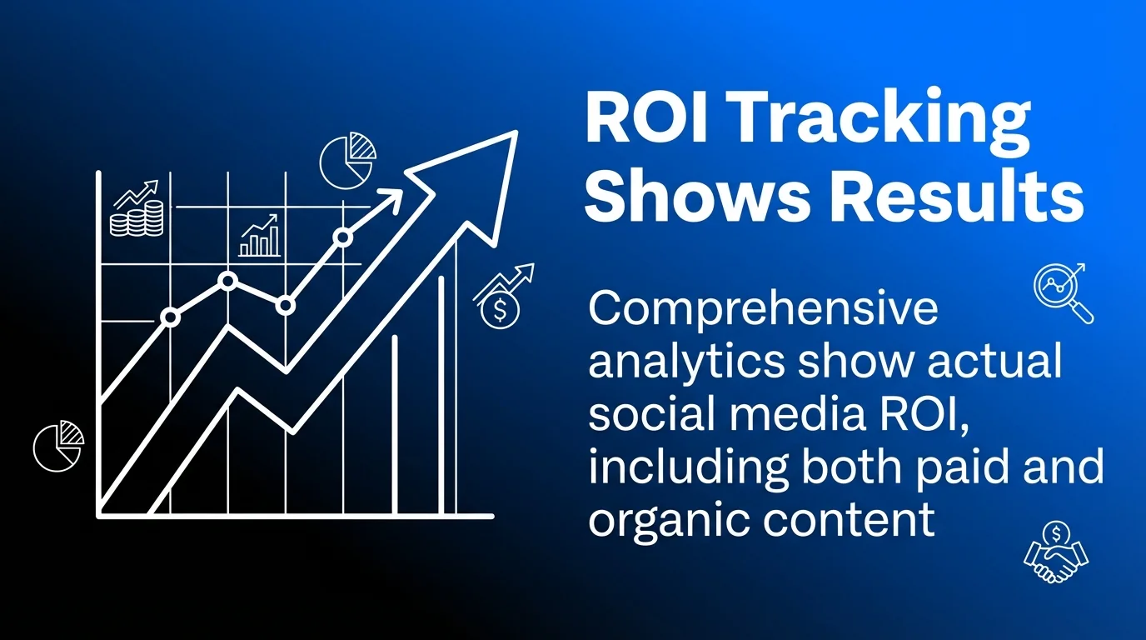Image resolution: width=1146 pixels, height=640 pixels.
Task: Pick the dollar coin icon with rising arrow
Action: coord(502,296)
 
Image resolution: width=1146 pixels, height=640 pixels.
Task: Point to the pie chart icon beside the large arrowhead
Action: coord(347,157)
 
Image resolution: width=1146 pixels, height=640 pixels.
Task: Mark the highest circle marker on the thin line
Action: coord(342,237)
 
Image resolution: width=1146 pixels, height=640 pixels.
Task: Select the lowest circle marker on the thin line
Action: coord(171,317)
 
